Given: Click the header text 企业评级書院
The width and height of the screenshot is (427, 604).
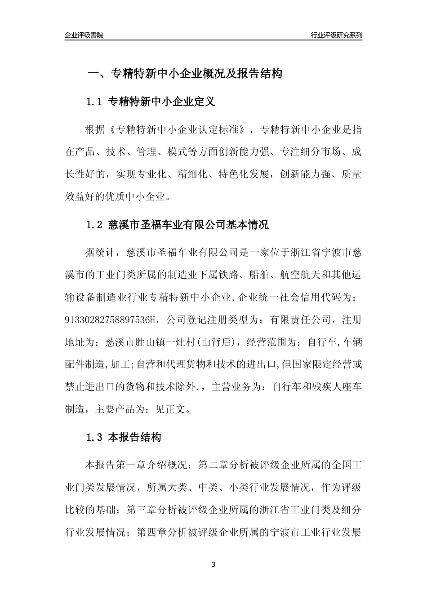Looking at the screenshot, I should coord(84,35).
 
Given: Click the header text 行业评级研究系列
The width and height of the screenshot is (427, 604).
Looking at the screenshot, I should coord(336,35).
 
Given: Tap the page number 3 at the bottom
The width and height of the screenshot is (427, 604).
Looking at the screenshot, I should coord(213,564).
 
